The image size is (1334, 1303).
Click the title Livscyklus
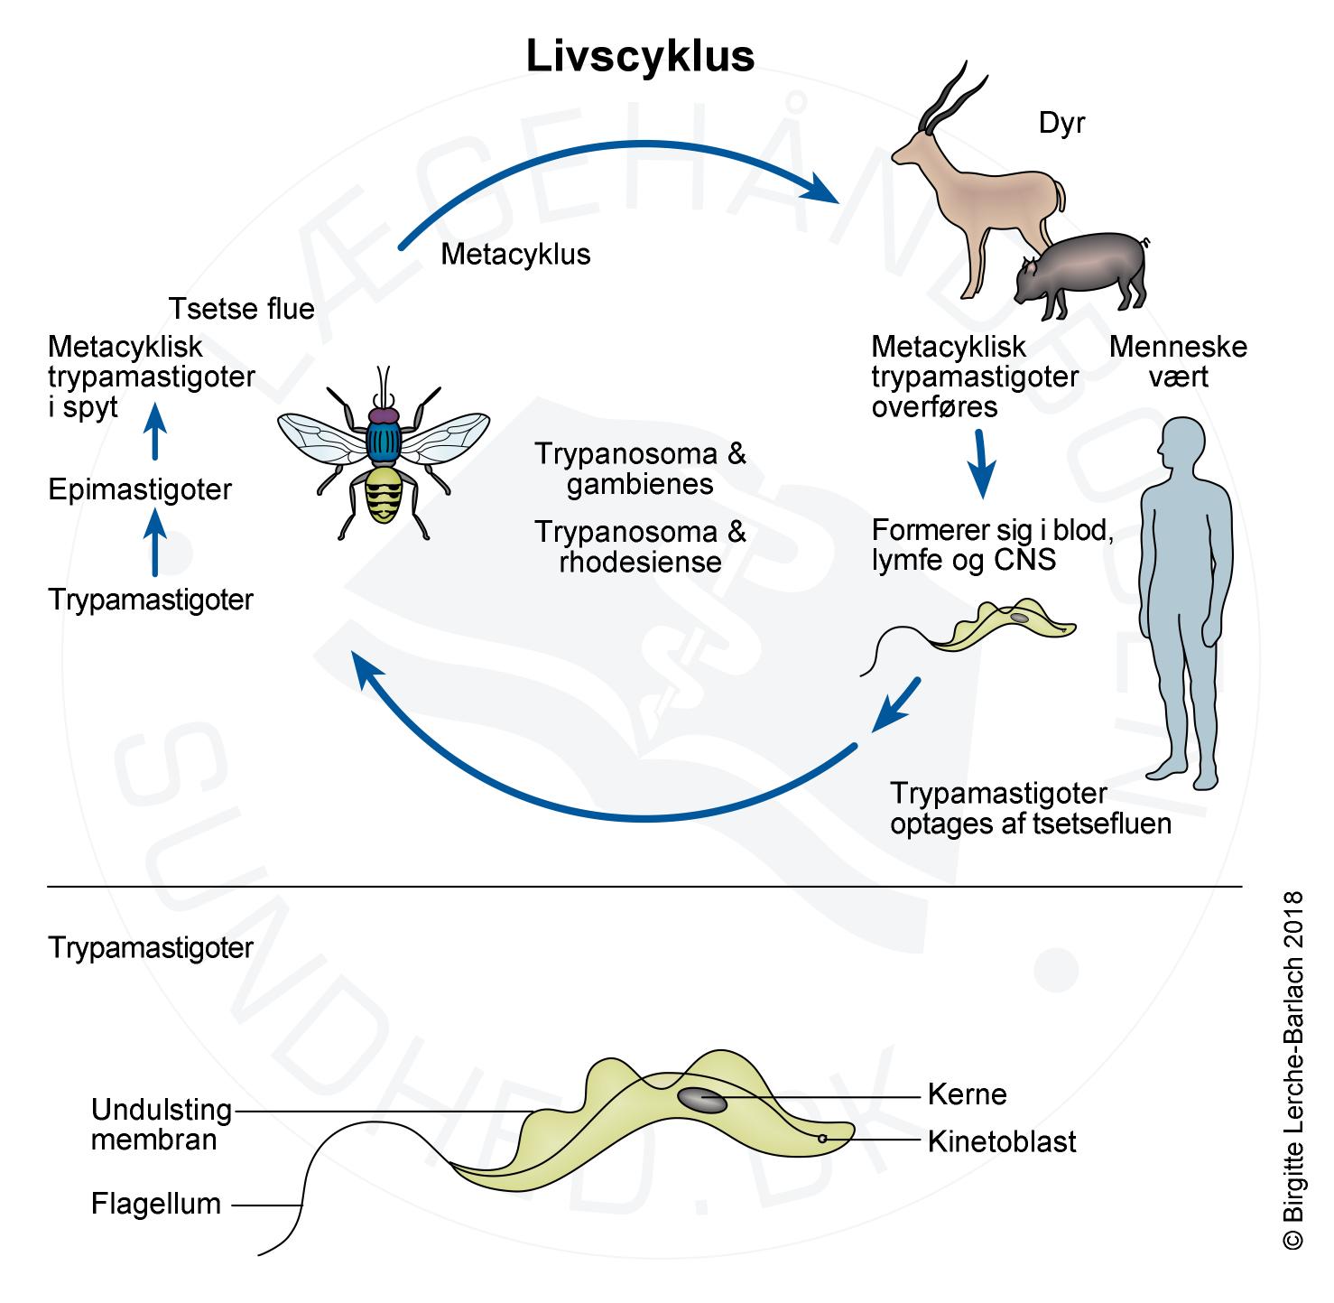(x=640, y=57)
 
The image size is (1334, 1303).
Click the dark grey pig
(x=1081, y=271)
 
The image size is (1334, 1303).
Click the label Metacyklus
(x=515, y=255)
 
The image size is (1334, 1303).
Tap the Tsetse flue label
(x=242, y=309)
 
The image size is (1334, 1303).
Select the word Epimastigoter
(x=140, y=490)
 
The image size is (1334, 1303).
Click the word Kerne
(x=967, y=1094)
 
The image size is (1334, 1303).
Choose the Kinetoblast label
(x=1002, y=1142)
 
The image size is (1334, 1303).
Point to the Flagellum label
(x=156, y=1204)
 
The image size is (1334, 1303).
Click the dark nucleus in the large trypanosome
(x=701, y=1101)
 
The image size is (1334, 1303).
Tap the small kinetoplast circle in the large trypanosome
(x=822, y=1139)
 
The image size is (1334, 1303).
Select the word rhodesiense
(x=640, y=563)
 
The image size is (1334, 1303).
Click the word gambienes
(x=640, y=484)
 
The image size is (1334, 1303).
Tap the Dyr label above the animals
(x=1061, y=123)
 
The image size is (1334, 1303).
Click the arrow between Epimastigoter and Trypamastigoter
(x=156, y=542)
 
